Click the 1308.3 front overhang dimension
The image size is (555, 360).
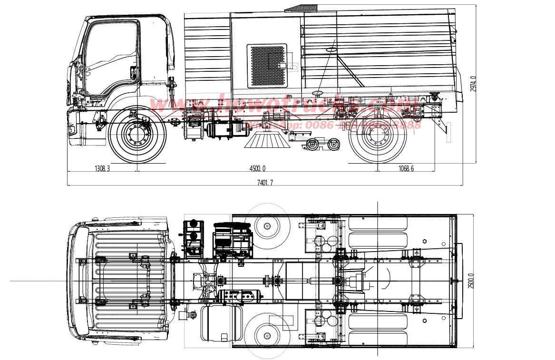102,168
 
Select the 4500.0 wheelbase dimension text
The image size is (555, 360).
257,168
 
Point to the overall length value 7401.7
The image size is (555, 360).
265,183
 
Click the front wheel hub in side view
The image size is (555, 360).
137,136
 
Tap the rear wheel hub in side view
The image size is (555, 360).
378,136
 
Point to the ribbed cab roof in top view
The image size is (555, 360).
119,281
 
